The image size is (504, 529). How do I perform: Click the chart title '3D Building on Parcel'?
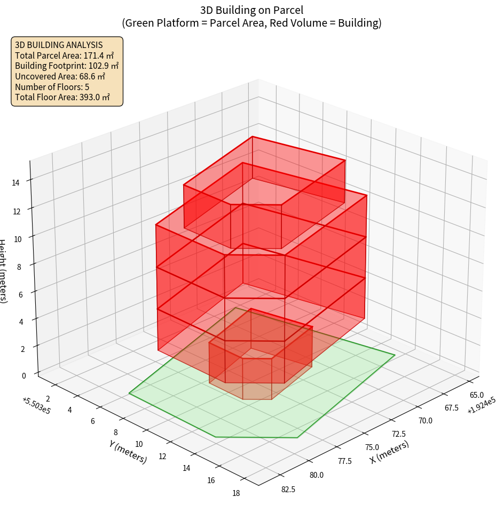(251, 10)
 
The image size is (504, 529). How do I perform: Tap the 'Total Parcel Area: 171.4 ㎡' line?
(64, 55)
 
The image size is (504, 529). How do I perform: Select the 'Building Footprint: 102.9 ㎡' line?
(67, 66)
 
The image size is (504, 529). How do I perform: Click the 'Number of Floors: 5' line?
(52, 87)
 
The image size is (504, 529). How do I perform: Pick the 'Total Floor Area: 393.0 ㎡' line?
(62, 97)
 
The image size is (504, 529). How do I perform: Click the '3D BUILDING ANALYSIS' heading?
(59, 45)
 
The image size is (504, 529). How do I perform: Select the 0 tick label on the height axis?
(23, 375)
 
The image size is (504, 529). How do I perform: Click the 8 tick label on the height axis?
(19, 266)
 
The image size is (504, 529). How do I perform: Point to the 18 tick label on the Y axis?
(236, 493)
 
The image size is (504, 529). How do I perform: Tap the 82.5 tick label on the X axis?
(288, 490)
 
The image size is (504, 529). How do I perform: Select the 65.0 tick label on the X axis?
(476, 395)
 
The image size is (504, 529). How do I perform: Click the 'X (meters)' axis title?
(389, 452)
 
